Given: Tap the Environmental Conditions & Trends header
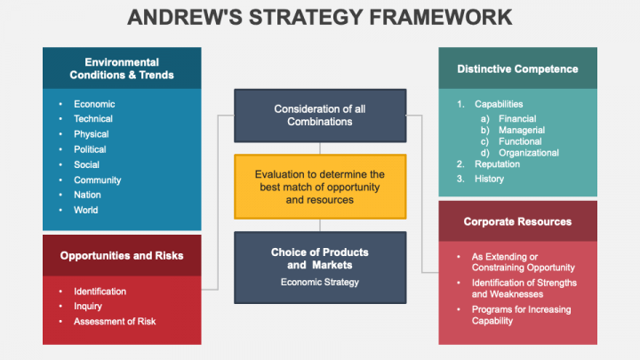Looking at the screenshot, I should click(x=122, y=68).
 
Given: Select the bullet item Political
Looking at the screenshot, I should click(x=90, y=149).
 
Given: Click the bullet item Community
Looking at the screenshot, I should click(x=97, y=180).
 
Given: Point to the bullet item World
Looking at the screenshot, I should click(x=85, y=210).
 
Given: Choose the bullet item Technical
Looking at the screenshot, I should click(x=92, y=119).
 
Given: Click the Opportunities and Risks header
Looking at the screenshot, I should click(x=122, y=255).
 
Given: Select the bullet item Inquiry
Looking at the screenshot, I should click(x=87, y=306).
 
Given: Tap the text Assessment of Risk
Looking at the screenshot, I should click(x=115, y=321).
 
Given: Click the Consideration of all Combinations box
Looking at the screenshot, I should click(x=320, y=116).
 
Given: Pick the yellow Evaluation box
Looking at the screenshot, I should click(x=320, y=187).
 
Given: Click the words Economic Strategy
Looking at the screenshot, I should click(x=320, y=282).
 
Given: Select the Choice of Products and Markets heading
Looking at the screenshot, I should click(x=320, y=259).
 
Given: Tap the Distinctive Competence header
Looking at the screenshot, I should click(x=517, y=68).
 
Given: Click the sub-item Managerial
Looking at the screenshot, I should click(x=522, y=130).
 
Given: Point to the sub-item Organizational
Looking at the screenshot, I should click(x=529, y=153).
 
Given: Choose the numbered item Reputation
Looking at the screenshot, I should click(x=497, y=164).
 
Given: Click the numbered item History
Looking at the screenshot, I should click(x=489, y=179).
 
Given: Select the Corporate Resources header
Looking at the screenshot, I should click(x=517, y=221).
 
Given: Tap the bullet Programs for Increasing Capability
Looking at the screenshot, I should click(x=521, y=315).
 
